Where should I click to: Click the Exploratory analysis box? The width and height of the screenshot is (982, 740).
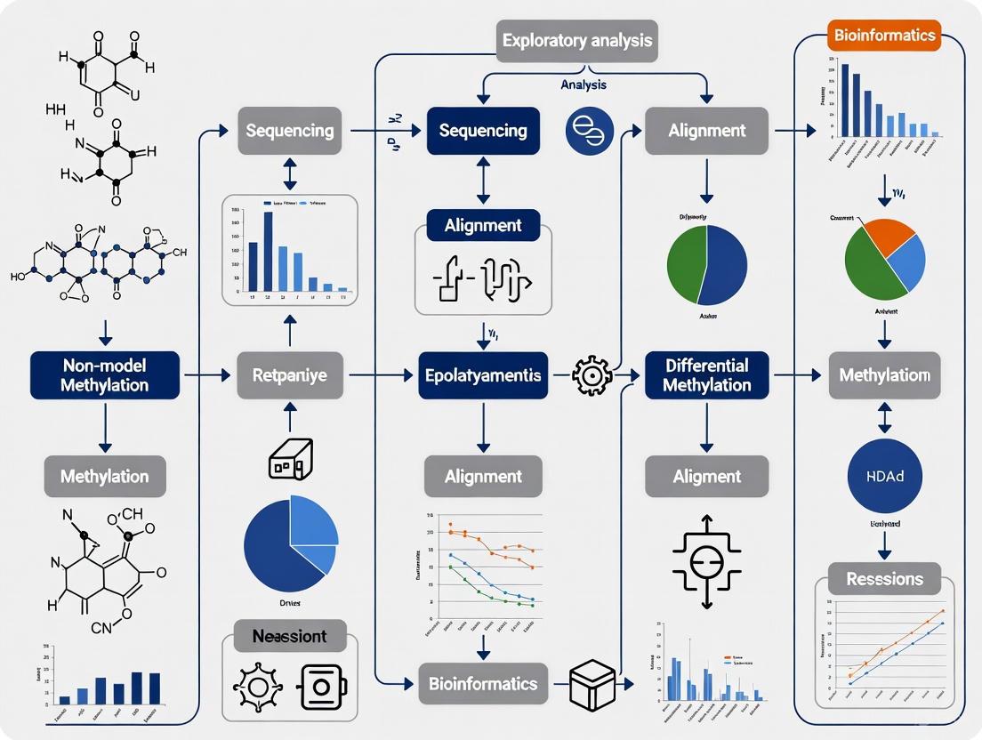tap(576, 40)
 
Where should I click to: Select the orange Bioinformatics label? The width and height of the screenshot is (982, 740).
tap(884, 35)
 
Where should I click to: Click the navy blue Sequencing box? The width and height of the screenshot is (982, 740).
tap(483, 131)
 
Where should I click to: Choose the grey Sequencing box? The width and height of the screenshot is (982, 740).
tap(289, 131)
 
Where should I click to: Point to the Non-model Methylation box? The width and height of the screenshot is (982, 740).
tap(104, 374)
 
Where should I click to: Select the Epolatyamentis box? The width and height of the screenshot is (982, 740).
tap(483, 375)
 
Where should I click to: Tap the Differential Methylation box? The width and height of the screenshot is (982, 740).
tap(706, 374)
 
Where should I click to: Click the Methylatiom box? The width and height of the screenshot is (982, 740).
tap(885, 374)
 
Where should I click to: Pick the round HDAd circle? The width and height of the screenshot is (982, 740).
tap(884, 476)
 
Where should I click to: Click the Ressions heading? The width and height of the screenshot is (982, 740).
tap(884, 579)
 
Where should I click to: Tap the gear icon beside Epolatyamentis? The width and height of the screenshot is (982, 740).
tap(590, 376)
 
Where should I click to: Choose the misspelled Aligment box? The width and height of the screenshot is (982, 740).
tap(706, 476)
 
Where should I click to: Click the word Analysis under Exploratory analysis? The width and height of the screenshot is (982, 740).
tap(584, 84)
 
